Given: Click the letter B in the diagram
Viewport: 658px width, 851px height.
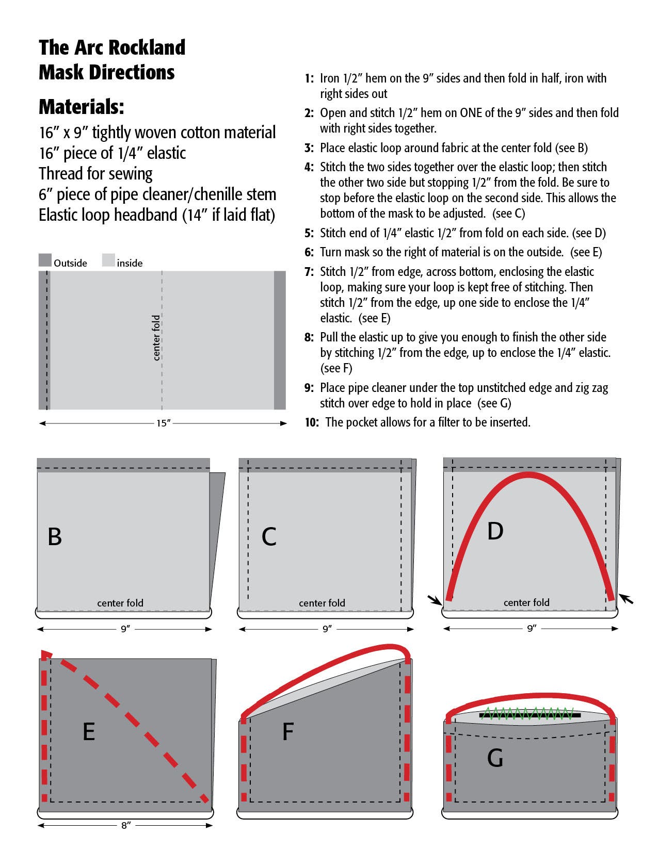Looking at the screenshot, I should tap(55, 536).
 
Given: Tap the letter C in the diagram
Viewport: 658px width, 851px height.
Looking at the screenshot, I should tap(269, 537).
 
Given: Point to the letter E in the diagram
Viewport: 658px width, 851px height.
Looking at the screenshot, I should tap(89, 731).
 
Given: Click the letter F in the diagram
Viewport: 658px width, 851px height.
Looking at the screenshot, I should tap(288, 731).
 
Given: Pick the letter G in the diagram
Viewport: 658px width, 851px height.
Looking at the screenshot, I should tap(495, 758).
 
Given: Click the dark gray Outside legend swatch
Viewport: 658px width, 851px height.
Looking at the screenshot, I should tap(45, 260).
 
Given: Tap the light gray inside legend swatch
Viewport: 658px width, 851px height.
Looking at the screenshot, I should tap(108, 260).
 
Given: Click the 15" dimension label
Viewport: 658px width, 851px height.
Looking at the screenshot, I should tap(163, 423).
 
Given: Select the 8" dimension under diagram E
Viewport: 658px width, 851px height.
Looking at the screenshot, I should tap(125, 826).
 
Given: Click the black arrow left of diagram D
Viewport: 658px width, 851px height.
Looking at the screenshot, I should tap(435, 599).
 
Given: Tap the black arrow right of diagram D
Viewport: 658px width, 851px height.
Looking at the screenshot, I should tap(626, 599).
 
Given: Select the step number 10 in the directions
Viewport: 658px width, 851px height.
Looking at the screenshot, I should tap(311, 422).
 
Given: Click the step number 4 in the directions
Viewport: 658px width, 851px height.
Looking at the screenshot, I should tap(309, 167).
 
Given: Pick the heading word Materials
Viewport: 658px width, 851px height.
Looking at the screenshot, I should tap(82, 107).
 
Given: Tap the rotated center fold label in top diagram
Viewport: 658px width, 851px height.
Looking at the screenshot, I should tap(156, 338).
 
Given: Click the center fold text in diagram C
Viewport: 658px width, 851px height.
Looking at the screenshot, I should tap(322, 603).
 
